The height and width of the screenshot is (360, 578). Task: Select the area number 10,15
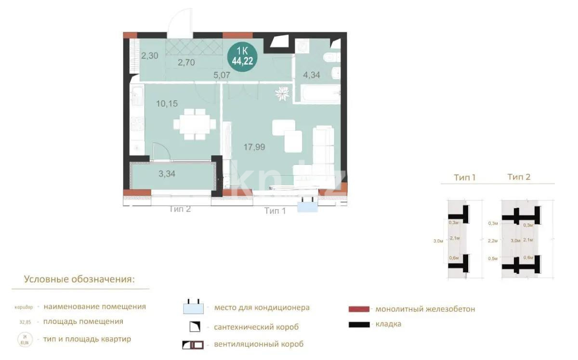[x=167, y=103]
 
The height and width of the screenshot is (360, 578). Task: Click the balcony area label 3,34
[x=167, y=174]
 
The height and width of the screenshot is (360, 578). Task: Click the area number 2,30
[x=149, y=55]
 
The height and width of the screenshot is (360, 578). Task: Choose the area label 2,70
[x=186, y=62]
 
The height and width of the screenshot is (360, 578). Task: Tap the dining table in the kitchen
[x=195, y=124]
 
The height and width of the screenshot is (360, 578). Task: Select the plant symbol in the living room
[x=282, y=93]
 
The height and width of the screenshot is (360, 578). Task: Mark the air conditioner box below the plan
[x=308, y=206]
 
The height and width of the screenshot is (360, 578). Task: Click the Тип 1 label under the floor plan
[x=275, y=211]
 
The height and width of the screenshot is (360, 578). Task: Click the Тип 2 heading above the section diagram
[x=519, y=177]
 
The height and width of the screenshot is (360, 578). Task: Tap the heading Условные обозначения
[x=79, y=280]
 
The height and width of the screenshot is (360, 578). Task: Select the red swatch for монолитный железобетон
[x=359, y=309]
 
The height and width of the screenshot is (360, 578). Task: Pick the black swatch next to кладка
[x=359, y=324]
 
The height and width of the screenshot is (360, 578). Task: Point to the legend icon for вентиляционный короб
[x=193, y=345]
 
